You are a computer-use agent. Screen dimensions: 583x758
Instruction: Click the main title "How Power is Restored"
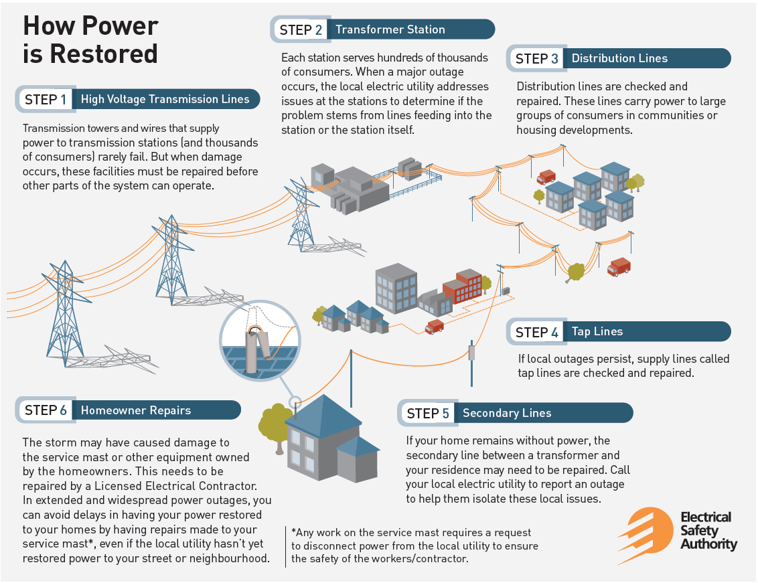coord(90,39)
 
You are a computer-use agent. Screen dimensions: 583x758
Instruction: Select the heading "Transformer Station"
coord(390,29)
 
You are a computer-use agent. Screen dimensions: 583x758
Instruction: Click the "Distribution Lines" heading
coord(619,58)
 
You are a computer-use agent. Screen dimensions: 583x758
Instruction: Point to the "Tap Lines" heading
coord(597,331)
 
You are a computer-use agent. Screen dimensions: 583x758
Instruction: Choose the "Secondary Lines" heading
coord(507,413)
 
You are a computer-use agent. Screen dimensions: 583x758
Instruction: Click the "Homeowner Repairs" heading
coord(136,410)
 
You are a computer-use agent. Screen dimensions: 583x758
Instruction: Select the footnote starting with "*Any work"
coord(414,546)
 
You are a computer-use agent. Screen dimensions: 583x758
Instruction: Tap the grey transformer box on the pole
coord(471,353)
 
